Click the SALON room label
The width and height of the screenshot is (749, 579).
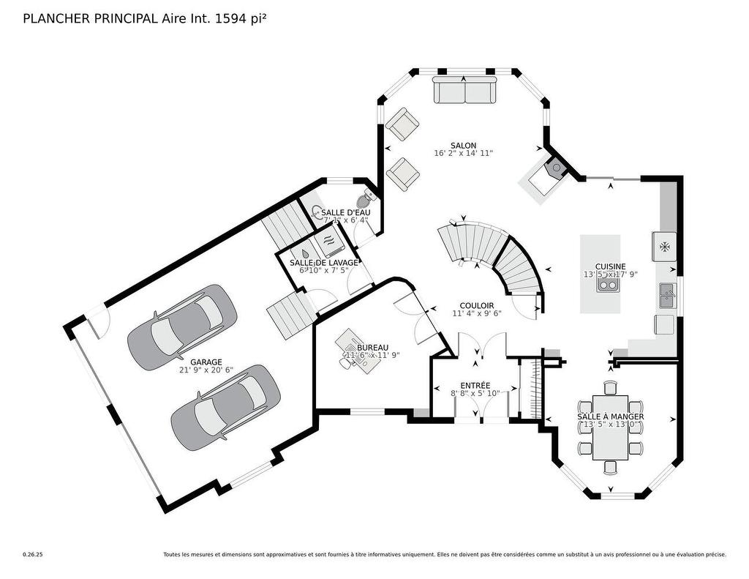(x=464, y=145)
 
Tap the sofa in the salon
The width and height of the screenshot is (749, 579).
(x=465, y=91)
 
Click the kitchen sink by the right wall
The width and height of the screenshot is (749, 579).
(x=667, y=295)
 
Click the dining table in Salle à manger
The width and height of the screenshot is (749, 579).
(x=610, y=427)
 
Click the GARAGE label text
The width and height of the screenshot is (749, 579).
(x=206, y=362)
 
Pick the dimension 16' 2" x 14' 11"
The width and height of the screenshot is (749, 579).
(x=464, y=154)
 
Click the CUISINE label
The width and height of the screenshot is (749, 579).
(x=610, y=266)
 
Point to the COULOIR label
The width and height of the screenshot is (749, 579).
(x=476, y=305)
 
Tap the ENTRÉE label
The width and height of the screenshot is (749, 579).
(x=475, y=385)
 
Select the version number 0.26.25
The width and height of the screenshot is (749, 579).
(x=33, y=555)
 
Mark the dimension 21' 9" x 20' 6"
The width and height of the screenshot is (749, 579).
(x=206, y=370)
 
